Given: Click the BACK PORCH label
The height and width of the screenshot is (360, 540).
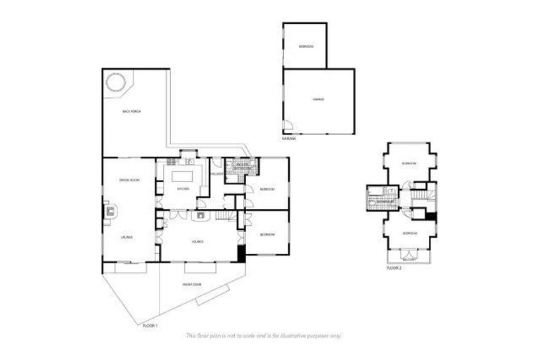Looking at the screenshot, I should click(x=131, y=112).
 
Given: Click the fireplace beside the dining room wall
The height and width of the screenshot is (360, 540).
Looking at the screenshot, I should click(x=109, y=210).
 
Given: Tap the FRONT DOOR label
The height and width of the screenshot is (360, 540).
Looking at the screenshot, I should click(x=192, y=284).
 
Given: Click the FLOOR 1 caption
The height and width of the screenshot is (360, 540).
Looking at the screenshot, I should click(x=150, y=326).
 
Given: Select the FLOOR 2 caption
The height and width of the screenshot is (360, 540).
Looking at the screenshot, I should click(x=394, y=267).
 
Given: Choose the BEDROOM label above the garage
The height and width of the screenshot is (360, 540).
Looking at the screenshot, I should click(x=305, y=47).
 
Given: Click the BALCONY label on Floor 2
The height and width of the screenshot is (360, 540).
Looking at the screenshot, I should click(x=409, y=259).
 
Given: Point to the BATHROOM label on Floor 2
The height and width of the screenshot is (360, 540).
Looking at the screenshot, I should click(x=385, y=202).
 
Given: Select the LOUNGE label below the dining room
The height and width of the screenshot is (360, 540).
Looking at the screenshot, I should click(x=127, y=237).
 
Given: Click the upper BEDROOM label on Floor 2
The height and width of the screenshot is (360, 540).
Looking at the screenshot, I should click(x=409, y=163).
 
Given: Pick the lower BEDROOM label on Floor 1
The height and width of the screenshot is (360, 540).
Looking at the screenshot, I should click(x=266, y=234).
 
